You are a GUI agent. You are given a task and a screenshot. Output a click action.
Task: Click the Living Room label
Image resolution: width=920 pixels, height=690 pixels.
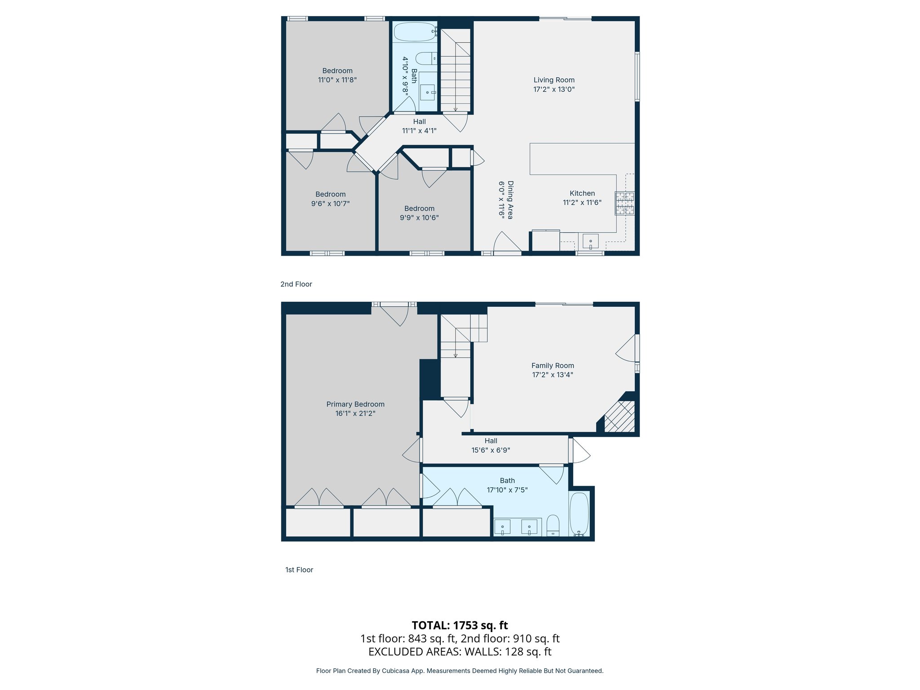pyautogui.click(x=553, y=80)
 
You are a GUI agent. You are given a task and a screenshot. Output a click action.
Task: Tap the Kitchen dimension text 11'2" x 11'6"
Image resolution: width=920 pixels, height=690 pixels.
pyautogui.click(x=582, y=203)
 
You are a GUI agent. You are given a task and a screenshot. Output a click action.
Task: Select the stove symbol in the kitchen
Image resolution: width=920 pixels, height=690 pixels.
pyautogui.click(x=625, y=203)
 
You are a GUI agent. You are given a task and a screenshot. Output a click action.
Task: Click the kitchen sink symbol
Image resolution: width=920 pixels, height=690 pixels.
pyautogui.click(x=590, y=242)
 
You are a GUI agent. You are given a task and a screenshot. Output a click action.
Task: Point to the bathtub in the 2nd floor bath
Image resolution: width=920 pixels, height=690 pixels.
pyautogui.click(x=415, y=32)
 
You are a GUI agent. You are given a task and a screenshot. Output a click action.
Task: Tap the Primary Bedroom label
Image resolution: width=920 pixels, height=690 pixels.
pyautogui.click(x=355, y=404)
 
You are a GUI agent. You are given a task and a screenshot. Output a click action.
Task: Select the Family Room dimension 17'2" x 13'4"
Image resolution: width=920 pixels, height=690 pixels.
pyautogui.click(x=553, y=375)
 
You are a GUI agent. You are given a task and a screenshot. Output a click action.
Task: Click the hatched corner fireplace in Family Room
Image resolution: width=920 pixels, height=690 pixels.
pyautogui.click(x=619, y=416)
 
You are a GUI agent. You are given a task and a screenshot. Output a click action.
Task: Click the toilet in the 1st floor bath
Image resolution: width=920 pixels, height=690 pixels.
pyautogui.click(x=553, y=525)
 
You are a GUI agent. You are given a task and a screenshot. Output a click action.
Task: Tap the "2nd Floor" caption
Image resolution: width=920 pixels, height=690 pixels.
pyautogui.click(x=296, y=284)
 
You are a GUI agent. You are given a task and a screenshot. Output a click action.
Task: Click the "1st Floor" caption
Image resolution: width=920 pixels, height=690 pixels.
pyautogui.click(x=299, y=570)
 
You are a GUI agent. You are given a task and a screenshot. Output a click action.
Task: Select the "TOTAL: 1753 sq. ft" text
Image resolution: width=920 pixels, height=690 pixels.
pyautogui.click(x=460, y=625)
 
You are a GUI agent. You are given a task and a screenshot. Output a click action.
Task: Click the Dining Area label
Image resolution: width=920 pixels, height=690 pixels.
pyautogui.click(x=510, y=200)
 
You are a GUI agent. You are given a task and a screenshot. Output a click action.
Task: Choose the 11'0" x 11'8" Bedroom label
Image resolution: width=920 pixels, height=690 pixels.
pyautogui.click(x=337, y=71)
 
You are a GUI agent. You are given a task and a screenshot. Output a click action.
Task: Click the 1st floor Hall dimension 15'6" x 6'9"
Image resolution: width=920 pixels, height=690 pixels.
pyautogui.click(x=491, y=450)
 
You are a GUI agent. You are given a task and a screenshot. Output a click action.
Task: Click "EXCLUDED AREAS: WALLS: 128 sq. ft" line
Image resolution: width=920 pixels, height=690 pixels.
pyautogui.click(x=460, y=651)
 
